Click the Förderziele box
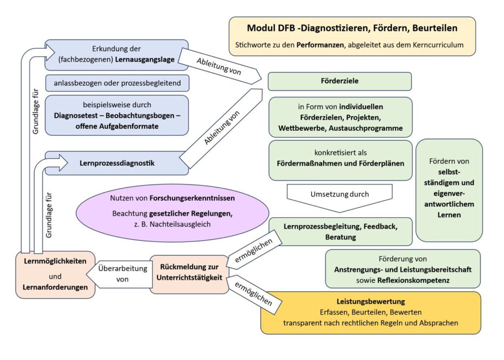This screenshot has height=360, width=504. pyautogui.click(x=340, y=82)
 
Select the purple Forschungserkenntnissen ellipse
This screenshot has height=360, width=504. pyautogui.click(x=172, y=212)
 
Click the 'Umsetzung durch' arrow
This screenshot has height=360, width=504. pyautogui.click(x=340, y=195)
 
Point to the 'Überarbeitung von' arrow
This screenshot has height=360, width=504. pyautogui.click(x=120, y=274)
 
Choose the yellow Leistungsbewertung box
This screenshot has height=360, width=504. pyautogui.click(x=370, y=312)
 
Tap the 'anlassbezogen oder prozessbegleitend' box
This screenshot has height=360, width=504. pyautogui.click(x=117, y=83)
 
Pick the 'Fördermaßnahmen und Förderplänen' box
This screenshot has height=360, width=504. pyautogui.click(x=340, y=160)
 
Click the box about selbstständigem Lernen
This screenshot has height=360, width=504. pyautogui.click(x=448, y=189)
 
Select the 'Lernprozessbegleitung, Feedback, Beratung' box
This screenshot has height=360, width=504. pyautogui.click(x=340, y=232)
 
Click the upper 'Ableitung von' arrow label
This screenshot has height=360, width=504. pyautogui.click(x=219, y=66)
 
